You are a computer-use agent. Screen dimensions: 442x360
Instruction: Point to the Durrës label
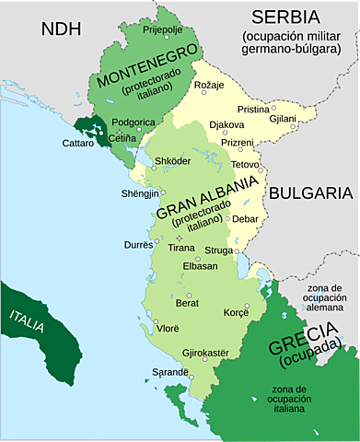coord(141,246)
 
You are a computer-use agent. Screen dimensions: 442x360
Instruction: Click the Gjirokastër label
coord(206,352)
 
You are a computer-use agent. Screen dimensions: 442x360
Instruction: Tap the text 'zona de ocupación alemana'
coord(326,299)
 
